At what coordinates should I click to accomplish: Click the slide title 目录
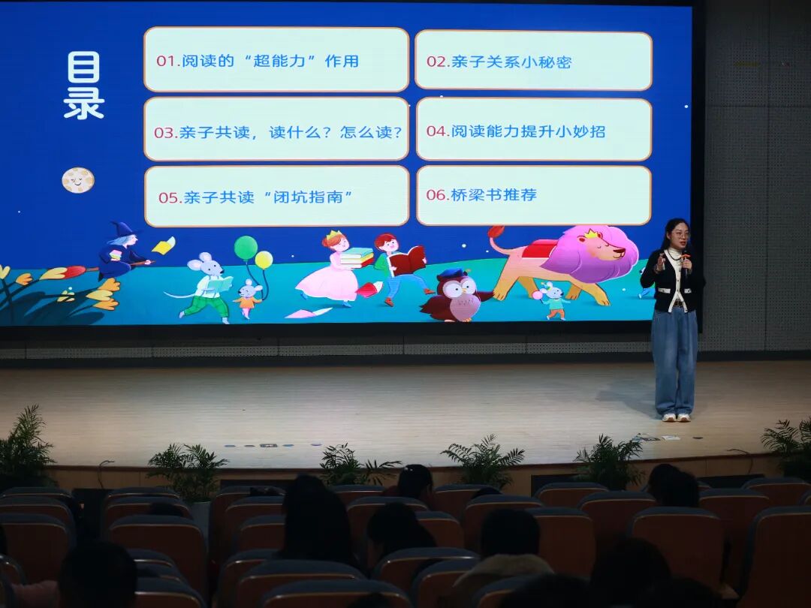point(83,86)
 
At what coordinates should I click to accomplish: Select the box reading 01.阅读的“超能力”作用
point(276,60)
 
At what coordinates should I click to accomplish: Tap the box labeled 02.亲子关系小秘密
point(533,61)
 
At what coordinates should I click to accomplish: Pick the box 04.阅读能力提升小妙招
point(533,130)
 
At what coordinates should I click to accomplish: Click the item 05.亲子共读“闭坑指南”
point(276,197)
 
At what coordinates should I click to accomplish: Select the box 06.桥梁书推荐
point(533,195)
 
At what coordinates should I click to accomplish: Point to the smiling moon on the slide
point(77,180)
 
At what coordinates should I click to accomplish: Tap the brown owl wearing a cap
point(456,295)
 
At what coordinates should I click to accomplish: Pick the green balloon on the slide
point(246,247)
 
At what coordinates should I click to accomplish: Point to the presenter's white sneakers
point(675,417)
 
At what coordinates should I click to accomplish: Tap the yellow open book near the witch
point(164,245)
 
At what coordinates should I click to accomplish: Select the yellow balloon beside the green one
point(264,260)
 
